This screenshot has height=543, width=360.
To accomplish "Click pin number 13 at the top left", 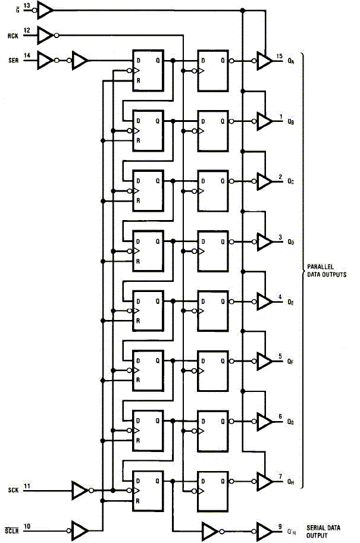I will [27, 5].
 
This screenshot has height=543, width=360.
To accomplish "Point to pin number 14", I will [27, 55].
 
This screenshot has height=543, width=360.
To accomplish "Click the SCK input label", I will [14, 491].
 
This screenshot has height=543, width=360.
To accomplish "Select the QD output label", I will [290, 242].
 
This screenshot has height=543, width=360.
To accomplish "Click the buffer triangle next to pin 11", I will [79, 491].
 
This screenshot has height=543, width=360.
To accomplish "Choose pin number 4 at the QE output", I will [280, 297].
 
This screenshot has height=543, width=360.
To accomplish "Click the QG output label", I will [290, 422].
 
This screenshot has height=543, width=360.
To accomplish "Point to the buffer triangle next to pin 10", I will [79, 529].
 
